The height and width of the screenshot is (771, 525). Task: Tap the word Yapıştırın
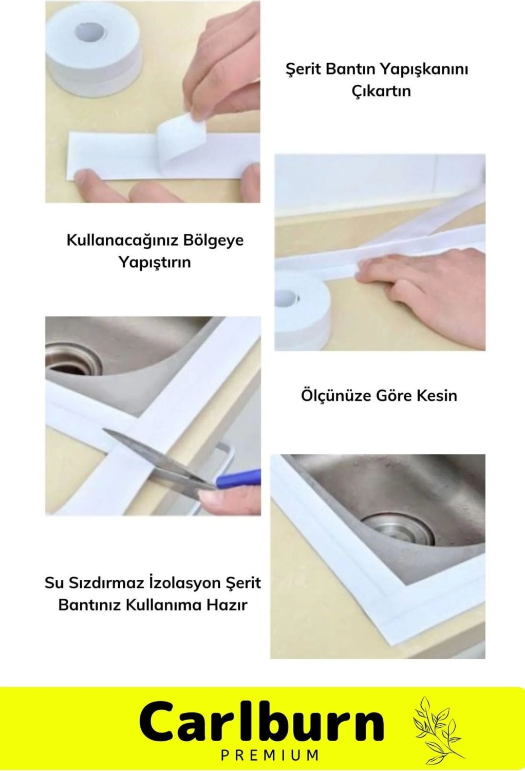click(x=154, y=263)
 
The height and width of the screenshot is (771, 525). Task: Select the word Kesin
click(x=437, y=396)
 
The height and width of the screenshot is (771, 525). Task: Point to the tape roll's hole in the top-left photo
click(x=90, y=33)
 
